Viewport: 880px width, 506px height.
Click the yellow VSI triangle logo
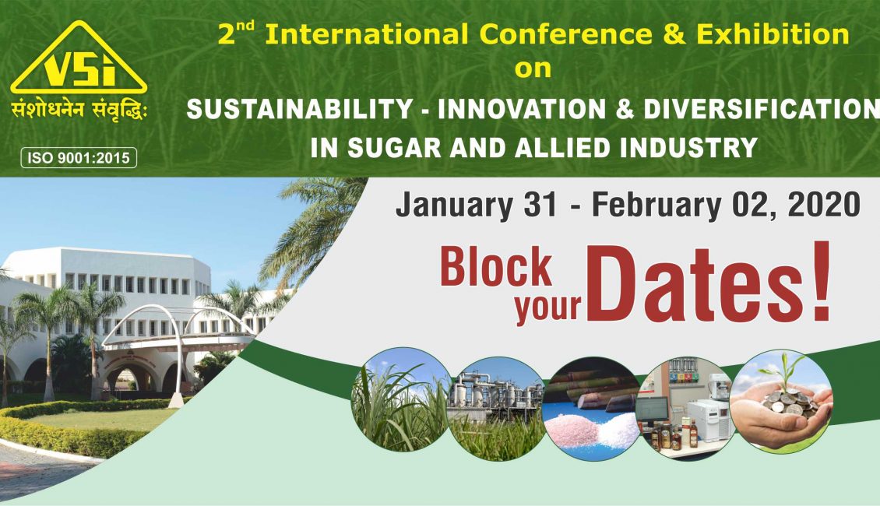pos(79,58)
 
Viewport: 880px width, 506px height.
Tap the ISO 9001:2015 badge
pos(79,157)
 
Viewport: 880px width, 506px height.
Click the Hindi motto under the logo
pos(79,109)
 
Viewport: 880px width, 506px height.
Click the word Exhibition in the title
pos(773,34)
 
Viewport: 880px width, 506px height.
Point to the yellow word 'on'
pos(533,69)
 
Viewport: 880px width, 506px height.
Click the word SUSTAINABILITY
pos(299,109)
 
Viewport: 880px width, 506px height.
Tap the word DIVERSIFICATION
pos(762,109)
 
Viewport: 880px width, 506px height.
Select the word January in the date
pos(454,206)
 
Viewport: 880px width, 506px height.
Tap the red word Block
pos(496,267)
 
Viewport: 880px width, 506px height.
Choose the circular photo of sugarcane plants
pos(401,399)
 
